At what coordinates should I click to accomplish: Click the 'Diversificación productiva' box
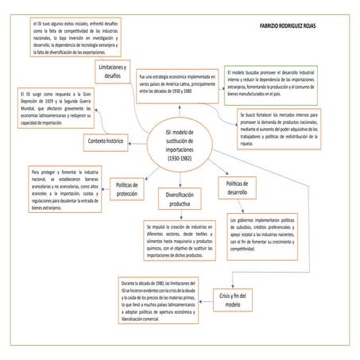tap(180, 199)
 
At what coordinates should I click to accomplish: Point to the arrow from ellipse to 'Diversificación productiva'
tap(180, 179)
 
